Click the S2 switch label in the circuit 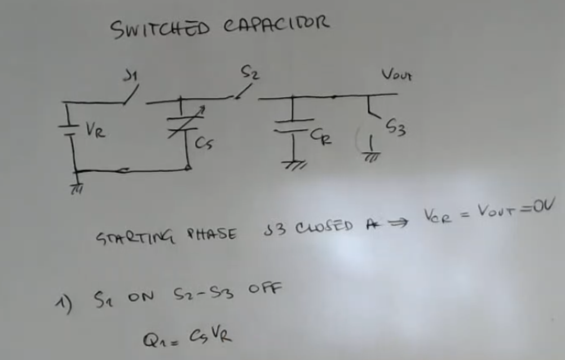[248, 72]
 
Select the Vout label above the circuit [396, 74]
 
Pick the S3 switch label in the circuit [395, 128]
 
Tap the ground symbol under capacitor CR [293, 165]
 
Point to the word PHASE [212, 233]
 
